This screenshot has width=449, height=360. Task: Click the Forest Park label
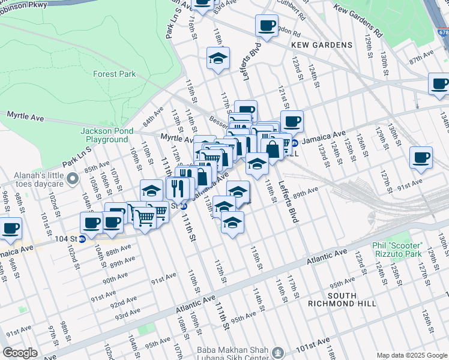tap(114, 74)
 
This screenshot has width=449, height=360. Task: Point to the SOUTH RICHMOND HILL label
tap(351, 300)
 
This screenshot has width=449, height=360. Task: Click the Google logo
tap(20, 352)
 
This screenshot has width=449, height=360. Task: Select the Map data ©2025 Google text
tap(412, 355)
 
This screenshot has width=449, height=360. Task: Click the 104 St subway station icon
tap(82, 238)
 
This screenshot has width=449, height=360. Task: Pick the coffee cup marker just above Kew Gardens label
tap(267, 26)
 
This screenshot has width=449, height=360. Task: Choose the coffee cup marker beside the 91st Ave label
tap(421, 157)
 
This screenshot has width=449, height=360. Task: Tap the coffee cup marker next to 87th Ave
tap(440, 83)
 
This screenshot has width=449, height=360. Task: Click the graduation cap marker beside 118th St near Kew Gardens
tap(218, 58)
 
